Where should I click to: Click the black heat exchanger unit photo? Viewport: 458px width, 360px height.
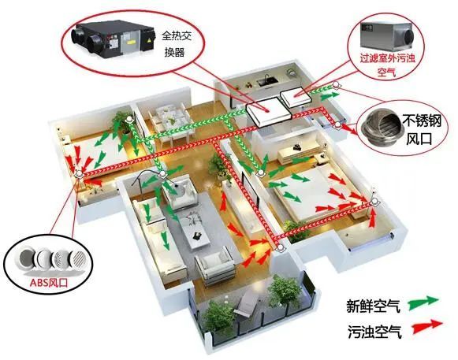pyautogui.click(x=114, y=39)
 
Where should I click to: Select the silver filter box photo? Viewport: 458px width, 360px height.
pyautogui.click(x=387, y=34)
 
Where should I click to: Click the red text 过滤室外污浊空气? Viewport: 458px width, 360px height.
pyautogui.click(x=387, y=65)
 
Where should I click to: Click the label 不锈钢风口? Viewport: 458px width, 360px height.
pyautogui.click(x=421, y=128)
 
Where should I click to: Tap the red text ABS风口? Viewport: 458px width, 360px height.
pyautogui.click(x=49, y=283)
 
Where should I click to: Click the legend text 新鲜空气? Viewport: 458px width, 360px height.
pyautogui.click(x=373, y=306)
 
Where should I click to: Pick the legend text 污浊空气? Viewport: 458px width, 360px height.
pyautogui.click(x=374, y=331)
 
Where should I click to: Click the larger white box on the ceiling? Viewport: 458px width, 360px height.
pyautogui.click(x=268, y=113)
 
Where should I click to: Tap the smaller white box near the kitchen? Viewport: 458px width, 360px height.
pyautogui.click(x=295, y=97)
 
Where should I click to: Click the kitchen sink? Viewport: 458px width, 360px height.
pyautogui.click(x=266, y=80)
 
